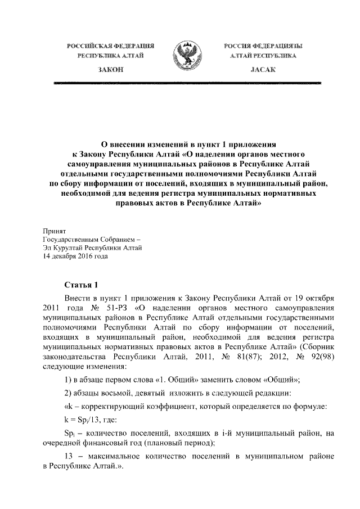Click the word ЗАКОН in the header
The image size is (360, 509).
[110, 69]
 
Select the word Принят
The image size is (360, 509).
[55, 231]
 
